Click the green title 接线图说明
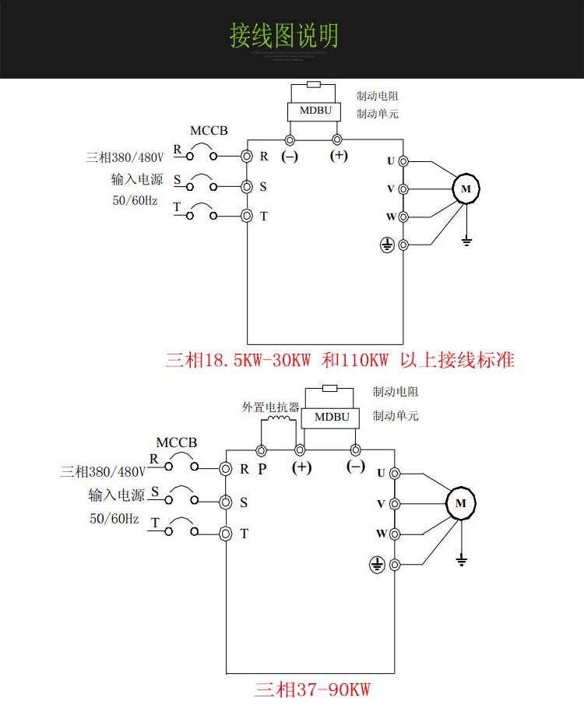point(284,37)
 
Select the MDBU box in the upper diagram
point(315,111)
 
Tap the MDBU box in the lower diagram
point(332,417)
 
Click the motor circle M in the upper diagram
point(466,189)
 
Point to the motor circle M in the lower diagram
point(461,503)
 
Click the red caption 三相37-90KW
point(311,689)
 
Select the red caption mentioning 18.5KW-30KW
point(340,361)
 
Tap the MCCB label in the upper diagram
point(209,130)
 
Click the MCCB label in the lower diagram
point(177,442)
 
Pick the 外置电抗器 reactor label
point(270,407)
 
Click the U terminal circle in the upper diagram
point(403,161)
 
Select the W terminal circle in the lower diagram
point(395,534)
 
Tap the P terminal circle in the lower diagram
point(262,451)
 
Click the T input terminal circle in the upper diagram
point(247,216)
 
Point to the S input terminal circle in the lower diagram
point(226,502)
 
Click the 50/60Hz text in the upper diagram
point(135,200)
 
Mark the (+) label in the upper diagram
point(339,155)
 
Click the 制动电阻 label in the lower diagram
point(395,392)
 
